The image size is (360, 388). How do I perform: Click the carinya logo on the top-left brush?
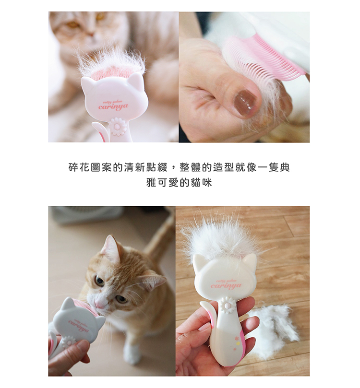click(x=113, y=106)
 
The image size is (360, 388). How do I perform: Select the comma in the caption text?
click(x=173, y=169)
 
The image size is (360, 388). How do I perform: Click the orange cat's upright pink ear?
click(x=111, y=248)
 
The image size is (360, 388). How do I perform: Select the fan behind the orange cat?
click(x=86, y=214)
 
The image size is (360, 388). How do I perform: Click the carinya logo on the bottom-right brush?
click(x=226, y=286)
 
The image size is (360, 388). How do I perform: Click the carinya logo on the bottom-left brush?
click(x=78, y=328)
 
